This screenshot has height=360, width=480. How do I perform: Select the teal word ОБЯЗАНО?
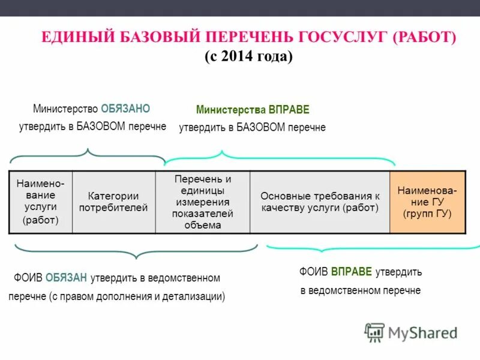coord(125,109)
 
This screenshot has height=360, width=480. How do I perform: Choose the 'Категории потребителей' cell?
coord(114,202)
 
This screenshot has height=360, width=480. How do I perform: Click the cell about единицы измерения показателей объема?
coord(203,202)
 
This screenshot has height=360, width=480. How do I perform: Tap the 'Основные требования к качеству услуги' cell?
coord(320,202)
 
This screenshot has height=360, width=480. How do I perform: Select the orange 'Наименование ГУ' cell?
coord(427,202)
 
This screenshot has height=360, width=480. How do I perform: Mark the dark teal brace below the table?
coord(136,251)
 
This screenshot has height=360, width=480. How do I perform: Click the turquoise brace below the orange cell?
coord(372,247)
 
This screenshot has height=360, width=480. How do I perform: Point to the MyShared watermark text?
coord(422,332)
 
